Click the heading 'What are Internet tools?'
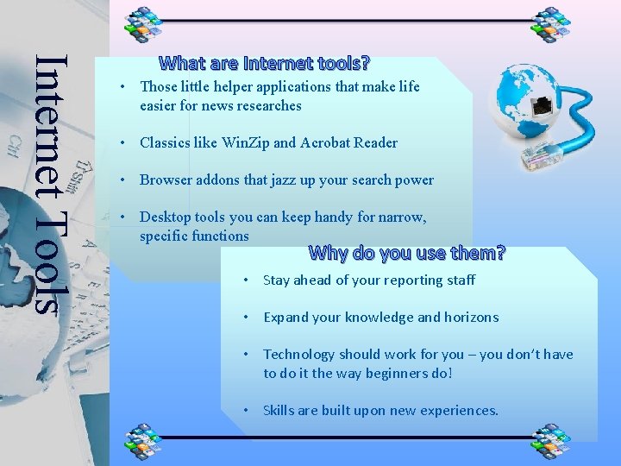(x=265, y=63)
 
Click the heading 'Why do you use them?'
(x=406, y=253)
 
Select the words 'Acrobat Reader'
(x=348, y=142)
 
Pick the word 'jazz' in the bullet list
(x=289, y=179)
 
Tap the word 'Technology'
(x=298, y=354)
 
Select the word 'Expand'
(x=285, y=317)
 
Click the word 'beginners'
(x=393, y=373)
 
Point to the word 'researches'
(x=267, y=105)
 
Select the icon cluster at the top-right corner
(x=551, y=23)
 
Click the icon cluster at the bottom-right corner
(x=551, y=441)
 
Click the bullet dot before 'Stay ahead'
(x=247, y=280)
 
